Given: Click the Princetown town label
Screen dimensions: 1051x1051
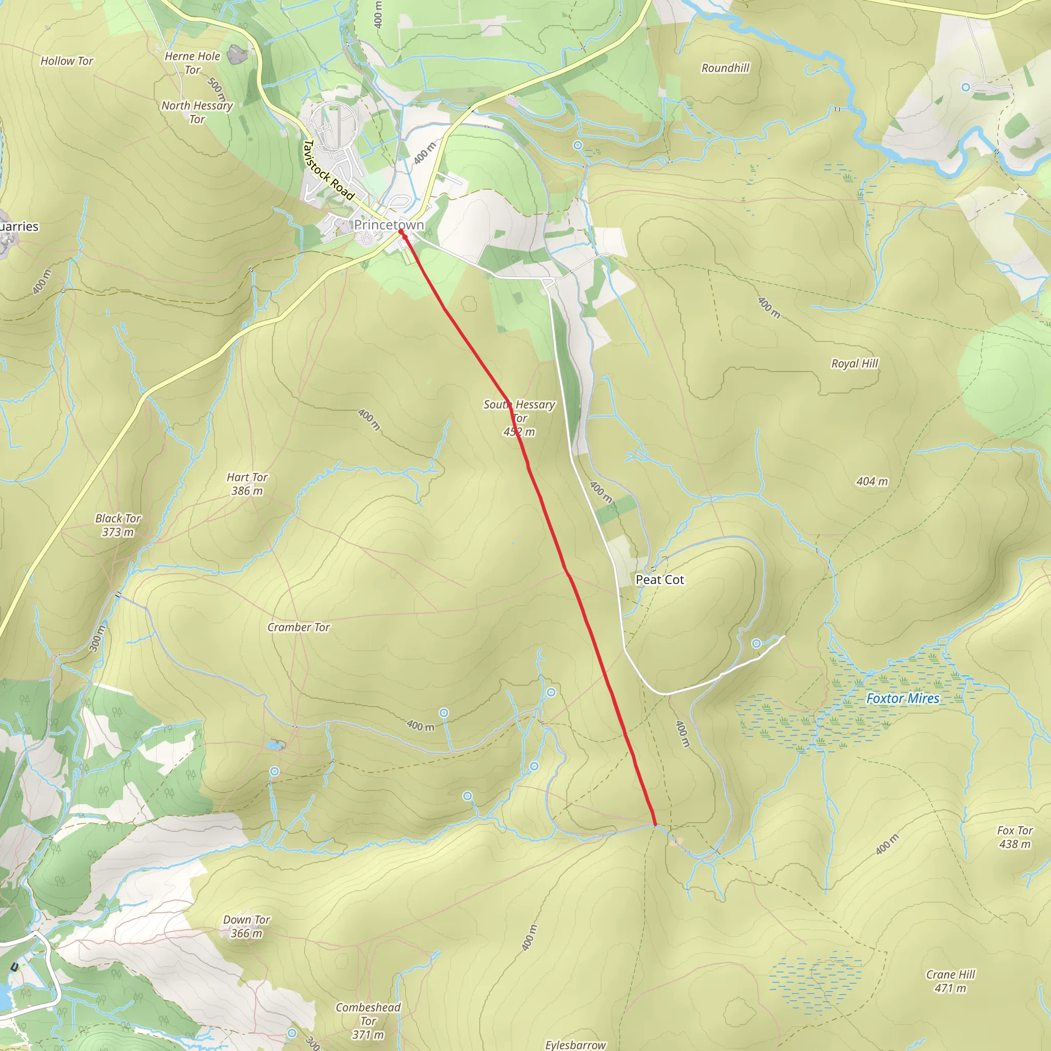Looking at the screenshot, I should (388, 225).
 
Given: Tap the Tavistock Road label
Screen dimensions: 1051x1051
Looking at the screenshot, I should (328, 170).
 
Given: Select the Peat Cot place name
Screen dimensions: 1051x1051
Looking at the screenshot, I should (659, 580).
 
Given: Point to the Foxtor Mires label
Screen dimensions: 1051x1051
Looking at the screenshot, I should (903, 698).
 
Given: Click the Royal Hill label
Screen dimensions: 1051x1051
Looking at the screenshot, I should (854, 363).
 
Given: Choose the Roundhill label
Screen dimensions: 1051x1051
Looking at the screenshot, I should (725, 68).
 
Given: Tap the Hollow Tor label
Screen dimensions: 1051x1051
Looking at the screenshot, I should (67, 61).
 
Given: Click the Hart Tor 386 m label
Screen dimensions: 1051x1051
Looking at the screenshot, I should (247, 483).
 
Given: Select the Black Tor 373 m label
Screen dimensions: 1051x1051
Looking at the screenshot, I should (118, 525).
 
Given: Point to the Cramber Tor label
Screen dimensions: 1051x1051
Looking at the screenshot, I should (299, 627).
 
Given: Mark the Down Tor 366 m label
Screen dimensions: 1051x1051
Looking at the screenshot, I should (246, 926).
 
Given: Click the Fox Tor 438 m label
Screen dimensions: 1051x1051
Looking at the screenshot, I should (1015, 837).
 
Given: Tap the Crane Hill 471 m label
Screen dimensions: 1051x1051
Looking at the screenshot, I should (950, 981).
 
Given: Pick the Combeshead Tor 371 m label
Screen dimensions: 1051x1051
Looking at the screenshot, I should (368, 1021).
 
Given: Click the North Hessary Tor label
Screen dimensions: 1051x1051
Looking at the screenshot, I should (197, 112).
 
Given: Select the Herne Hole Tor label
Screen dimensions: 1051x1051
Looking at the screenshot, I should (192, 63).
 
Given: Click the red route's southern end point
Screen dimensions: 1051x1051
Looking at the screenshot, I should (655, 825).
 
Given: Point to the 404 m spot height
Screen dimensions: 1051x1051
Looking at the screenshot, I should (872, 481).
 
